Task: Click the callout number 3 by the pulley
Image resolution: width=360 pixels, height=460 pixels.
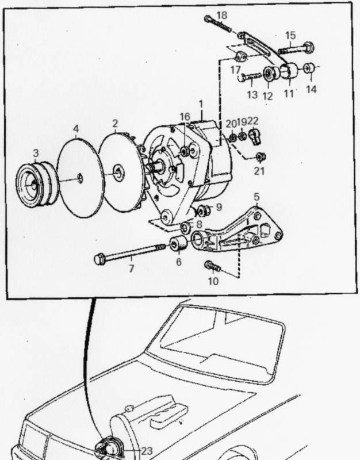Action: point(36,154)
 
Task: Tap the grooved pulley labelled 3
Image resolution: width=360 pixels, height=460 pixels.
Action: point(35,185)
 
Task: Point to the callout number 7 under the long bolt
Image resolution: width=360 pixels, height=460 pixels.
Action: point(131,269)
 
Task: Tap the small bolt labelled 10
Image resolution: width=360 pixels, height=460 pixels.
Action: point(210,266)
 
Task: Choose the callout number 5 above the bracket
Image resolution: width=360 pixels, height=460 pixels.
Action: point(256,197)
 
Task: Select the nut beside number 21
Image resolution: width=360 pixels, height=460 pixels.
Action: point(260,156)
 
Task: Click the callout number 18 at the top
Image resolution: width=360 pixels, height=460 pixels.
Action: point(223,14)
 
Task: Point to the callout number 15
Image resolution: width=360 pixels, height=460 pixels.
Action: point(290,34)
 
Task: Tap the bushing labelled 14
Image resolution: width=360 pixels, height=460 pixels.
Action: point(309,69)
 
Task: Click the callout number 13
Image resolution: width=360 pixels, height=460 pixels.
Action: point(251,94)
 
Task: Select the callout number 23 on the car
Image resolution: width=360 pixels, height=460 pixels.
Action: point(147,451)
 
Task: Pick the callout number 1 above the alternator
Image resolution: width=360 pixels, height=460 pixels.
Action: point(201,104)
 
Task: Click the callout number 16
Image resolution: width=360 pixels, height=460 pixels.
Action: point(184,117)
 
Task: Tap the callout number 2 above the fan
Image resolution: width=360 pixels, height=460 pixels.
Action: point(115,123)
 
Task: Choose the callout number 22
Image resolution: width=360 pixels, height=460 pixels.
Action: point(254,121)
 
